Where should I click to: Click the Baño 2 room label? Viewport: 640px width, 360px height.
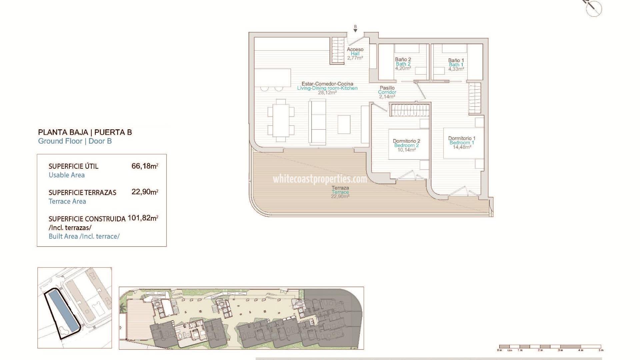click(x=403, y=59)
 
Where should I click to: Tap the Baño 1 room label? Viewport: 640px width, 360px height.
click(x=456, y=60)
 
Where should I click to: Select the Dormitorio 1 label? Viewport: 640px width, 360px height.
click(x=462, y=138)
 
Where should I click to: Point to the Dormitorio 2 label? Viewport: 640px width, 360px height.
click(x=406, y=141)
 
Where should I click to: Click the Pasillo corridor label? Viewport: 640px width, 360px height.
click(x=387, y=88)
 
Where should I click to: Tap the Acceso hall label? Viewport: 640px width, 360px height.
click(x=355, y=49)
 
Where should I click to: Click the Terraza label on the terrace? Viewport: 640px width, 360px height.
click(x=340, y=188)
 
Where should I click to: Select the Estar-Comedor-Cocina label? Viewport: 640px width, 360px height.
click(x=327, y=84)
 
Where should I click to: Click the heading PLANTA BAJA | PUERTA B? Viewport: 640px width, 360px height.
click(x=85, y=132)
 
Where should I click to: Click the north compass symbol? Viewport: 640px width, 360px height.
click(x=594, y=7)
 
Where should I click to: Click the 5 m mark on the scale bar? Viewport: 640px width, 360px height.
click(x=601, y=350)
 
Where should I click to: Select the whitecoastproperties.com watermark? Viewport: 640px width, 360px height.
click(x=320, y=179)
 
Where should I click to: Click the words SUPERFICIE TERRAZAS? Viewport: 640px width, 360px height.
click(x=82, y=193)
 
